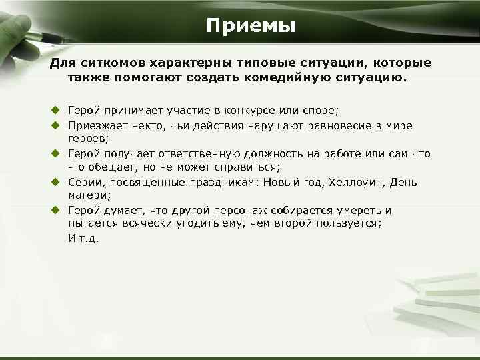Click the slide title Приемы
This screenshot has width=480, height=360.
pyautogui.click(x=250, y=26)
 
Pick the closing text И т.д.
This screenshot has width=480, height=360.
pyautogui.click(x=83, y=239)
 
